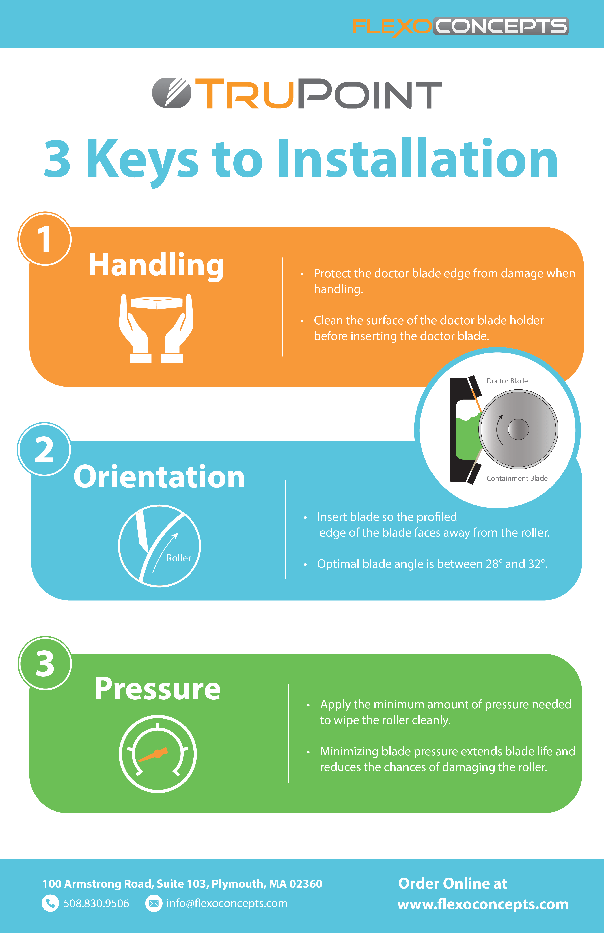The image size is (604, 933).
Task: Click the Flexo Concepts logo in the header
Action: point(460,27)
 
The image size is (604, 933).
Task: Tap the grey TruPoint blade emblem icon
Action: point(171,93)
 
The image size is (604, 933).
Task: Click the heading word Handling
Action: point(156,265)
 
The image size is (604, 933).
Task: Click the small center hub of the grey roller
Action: point(518,429)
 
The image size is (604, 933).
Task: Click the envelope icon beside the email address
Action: point(154,903)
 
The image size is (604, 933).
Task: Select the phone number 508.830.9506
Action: point(96,903)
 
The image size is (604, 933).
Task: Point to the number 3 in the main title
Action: point(57,159)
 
